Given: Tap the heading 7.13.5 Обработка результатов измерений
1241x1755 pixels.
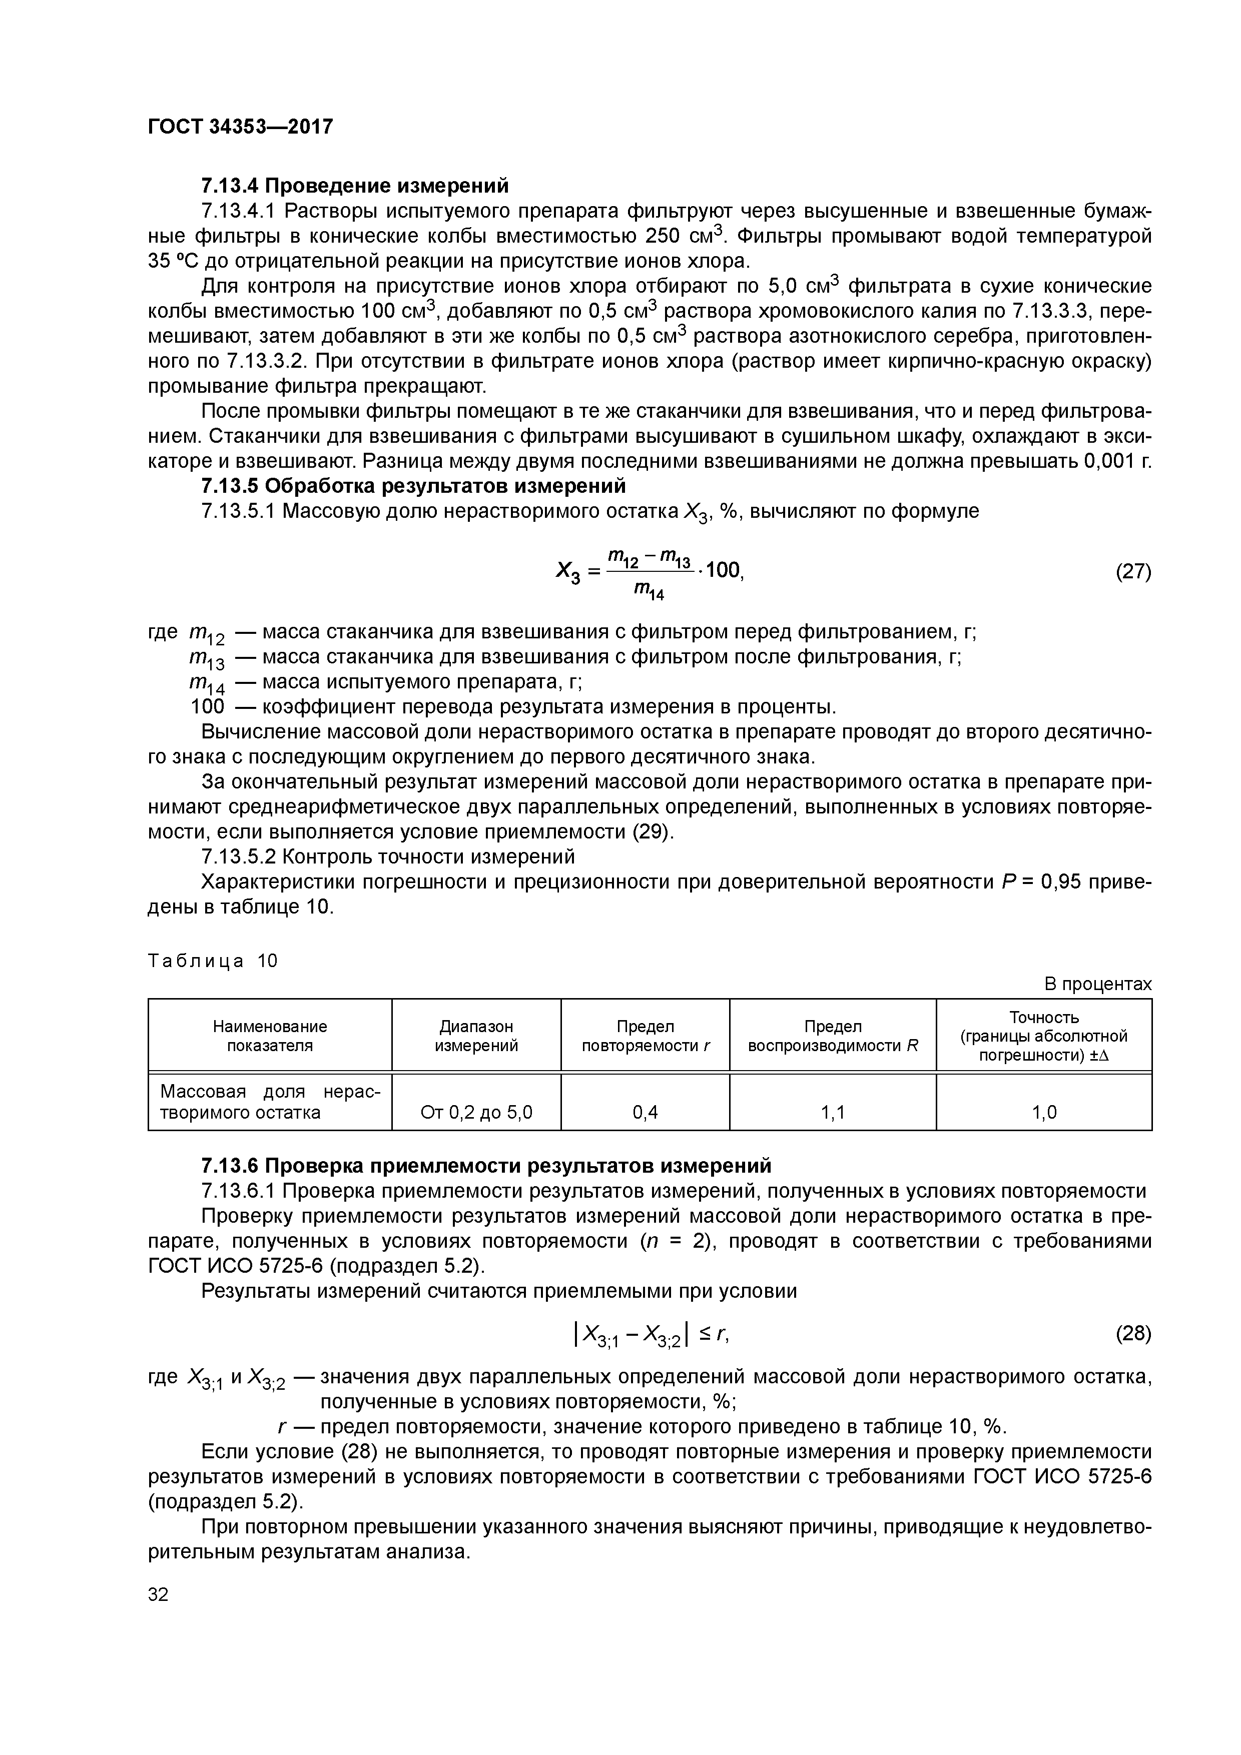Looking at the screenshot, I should (x=413, y=486).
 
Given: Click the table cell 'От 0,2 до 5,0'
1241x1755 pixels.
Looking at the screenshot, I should (x=476, y=1112).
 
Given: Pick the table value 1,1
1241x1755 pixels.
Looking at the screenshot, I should (x=833, y=1112).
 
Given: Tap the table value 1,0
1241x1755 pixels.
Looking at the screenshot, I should (x=1044, y=1112).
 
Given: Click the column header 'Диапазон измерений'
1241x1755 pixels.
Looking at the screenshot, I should (x=476, y=1036).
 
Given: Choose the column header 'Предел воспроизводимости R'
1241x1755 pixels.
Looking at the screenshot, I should (x=833, y=1036).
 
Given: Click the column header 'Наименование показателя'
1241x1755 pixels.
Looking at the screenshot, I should (x=270, y=1036).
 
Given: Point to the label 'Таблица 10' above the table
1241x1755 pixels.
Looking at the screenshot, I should (x=213, y=961).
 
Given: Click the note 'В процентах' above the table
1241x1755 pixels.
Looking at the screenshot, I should (x=1097, y=985).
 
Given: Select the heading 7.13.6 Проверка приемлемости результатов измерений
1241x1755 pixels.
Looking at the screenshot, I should (x=485, y=1166).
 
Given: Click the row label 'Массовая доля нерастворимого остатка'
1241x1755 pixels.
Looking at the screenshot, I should (x=270, y=1102).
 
